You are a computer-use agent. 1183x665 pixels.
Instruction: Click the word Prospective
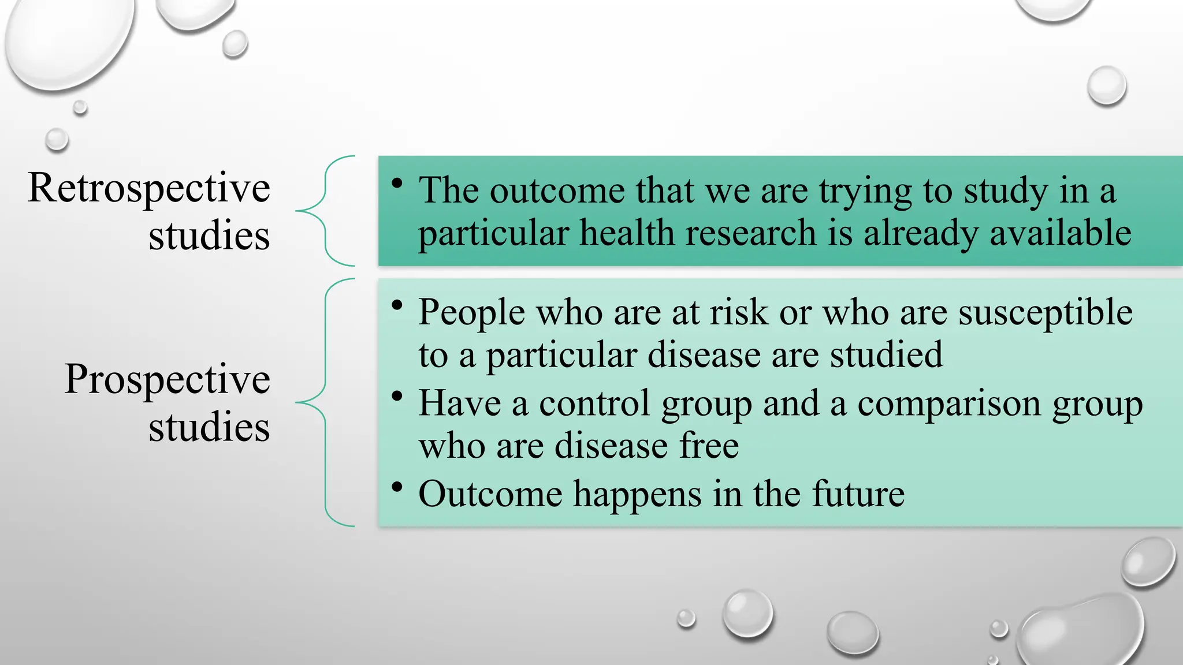(x=167, y=379)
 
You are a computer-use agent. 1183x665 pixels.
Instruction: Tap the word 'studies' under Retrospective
(x=209, y=235)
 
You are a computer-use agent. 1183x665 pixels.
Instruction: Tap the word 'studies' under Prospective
(x=209, y=427)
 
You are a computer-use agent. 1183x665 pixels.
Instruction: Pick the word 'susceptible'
(x=1046, y=312)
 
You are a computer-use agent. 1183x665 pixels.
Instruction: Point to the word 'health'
(x=627, y=233)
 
